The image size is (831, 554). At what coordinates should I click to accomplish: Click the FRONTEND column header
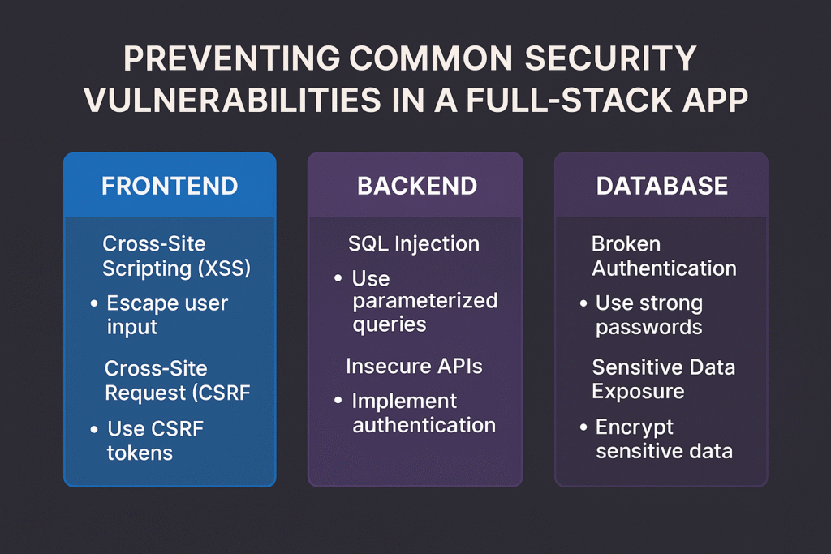tap(170, 186)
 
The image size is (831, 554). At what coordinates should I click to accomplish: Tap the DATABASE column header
tap(662, 186)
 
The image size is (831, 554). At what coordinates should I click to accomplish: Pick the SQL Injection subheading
tap(413, 243)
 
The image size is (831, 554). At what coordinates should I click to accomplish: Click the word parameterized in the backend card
tap(424, 301)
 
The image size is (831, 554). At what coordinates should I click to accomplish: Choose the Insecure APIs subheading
tap(414, 367)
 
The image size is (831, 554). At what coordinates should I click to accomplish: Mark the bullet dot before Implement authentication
tap(338, 402)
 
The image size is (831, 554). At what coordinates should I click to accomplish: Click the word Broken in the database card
tap(626, 244)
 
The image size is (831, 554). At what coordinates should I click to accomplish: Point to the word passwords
tap(648, 328)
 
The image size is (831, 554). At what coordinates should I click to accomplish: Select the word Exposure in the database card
tap(638, 391)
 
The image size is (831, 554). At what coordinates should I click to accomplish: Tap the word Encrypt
tap(635, 427)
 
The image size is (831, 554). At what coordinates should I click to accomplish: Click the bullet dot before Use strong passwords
tap(583, 304)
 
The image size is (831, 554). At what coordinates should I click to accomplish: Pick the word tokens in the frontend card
tap(140, 452)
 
